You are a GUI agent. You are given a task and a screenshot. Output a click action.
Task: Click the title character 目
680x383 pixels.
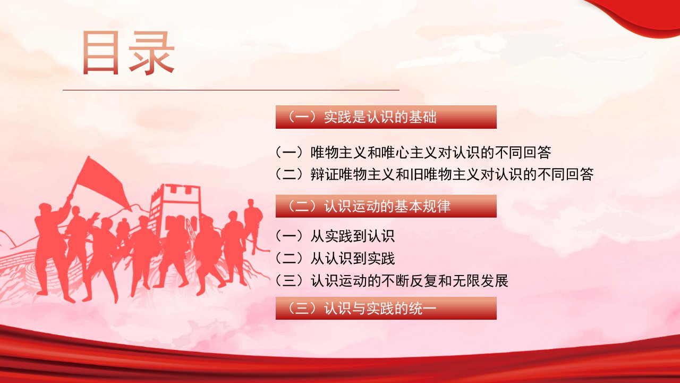[x=100, y=53]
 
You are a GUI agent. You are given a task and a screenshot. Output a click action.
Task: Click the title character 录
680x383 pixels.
[x=151, y=53]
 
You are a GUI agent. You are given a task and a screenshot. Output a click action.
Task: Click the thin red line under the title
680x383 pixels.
[x=231, y=90]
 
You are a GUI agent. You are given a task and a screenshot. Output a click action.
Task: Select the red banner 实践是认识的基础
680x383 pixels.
[x=386, y=117]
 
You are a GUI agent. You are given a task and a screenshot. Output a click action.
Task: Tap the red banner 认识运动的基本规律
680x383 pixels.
[x=386, y=206]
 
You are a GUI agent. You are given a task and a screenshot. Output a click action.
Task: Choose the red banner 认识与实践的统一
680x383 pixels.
[x=386, y=308]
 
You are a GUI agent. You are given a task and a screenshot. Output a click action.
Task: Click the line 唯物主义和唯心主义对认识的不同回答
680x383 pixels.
[x=413, y=152]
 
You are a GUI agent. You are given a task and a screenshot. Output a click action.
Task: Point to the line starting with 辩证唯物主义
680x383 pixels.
[x=434, y=174]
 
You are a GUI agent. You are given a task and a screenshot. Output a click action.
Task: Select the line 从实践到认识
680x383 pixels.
[x=335, y=236]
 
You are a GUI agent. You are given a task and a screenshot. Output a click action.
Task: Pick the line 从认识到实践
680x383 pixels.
[x=335, y=259]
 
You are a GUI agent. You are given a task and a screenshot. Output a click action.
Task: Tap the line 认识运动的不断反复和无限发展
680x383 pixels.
[x=392, y=280]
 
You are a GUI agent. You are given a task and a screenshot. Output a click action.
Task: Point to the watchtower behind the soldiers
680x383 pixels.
[x=176, y=207]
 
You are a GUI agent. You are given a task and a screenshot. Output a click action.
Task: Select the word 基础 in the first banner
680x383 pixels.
[x=423, y=117]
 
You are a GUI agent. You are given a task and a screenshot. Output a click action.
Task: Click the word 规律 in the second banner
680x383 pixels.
[x=437, y=206]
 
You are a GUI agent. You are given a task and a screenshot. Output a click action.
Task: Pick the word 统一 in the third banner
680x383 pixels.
[x=423, y=308]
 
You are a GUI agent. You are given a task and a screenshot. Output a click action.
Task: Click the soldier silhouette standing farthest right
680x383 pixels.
[x=253, y=227]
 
